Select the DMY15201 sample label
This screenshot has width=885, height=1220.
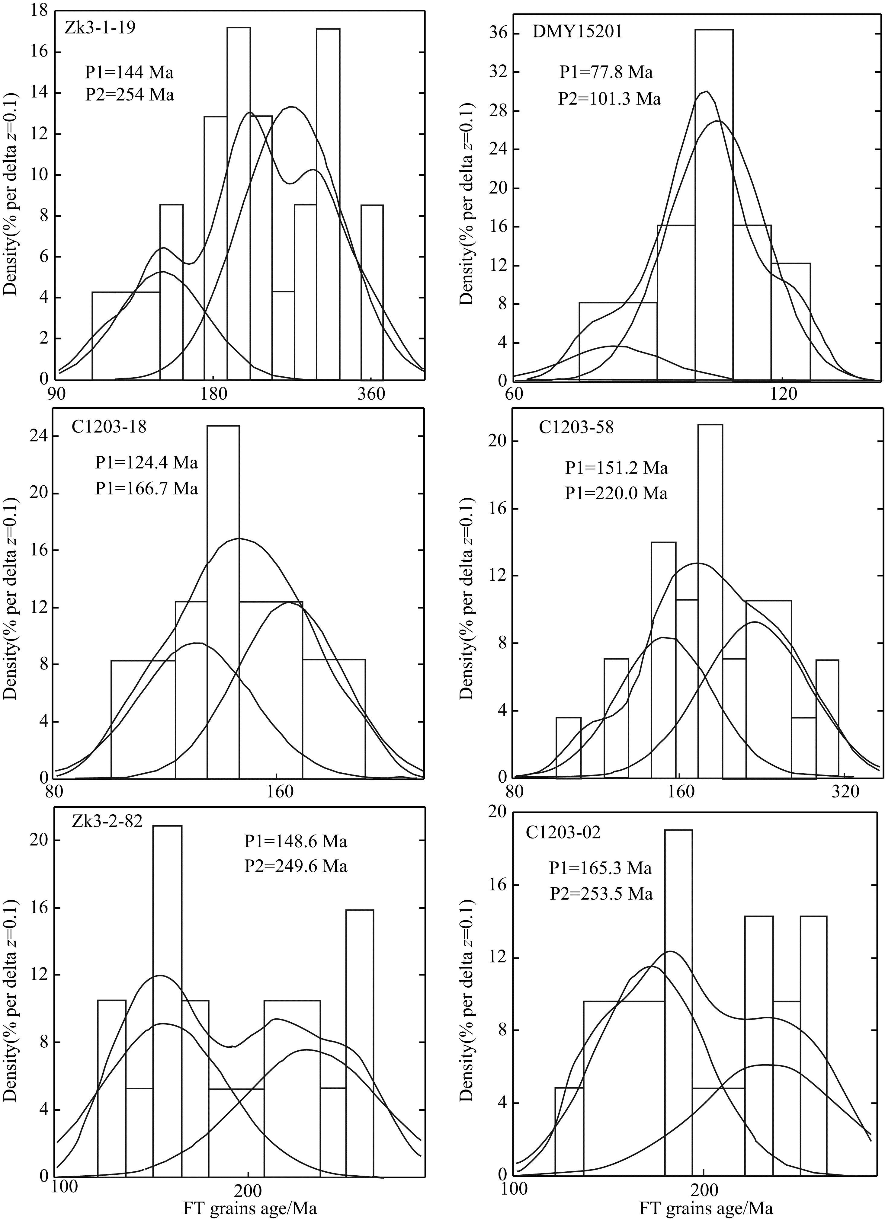[x=577, y=32]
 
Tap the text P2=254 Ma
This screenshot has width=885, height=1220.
[x=130, y=95]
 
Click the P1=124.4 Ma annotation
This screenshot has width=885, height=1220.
[x=146, y=463]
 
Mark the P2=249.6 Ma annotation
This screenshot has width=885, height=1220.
[x=296, y=866]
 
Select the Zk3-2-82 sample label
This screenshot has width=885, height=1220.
[x=107, y=822]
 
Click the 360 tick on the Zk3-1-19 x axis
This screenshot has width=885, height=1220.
[x=371, y=394]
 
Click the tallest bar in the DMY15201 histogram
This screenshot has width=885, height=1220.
[x=713, y=204]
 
